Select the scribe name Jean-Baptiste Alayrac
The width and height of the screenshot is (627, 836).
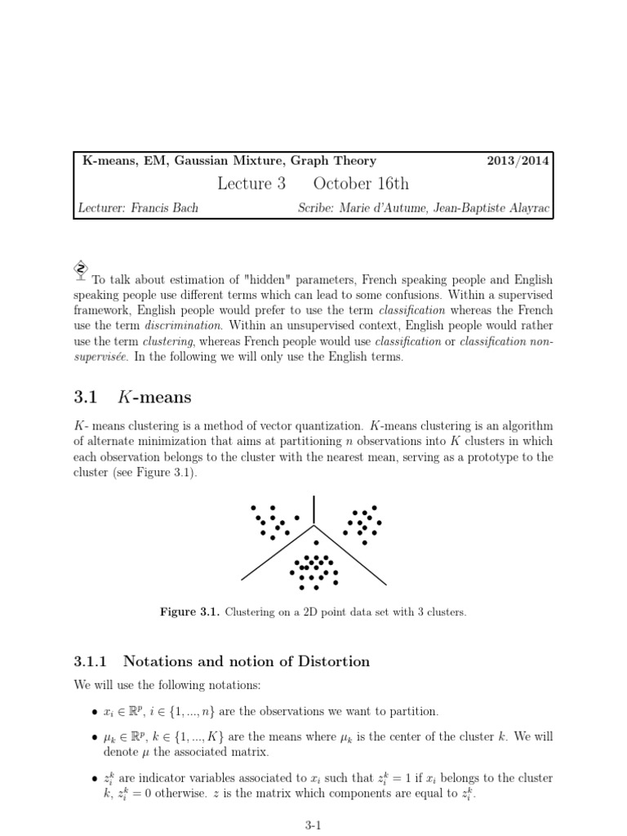click(x=495, y=208)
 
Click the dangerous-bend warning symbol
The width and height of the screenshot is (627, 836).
click(x=81, y=269)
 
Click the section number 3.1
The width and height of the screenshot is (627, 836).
click(x=86, y=398)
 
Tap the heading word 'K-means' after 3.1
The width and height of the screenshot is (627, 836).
click(x=155, y=398)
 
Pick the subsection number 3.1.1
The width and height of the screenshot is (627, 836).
click(x=96, y=661)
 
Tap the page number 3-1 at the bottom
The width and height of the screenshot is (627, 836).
click(x=313, y=825)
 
